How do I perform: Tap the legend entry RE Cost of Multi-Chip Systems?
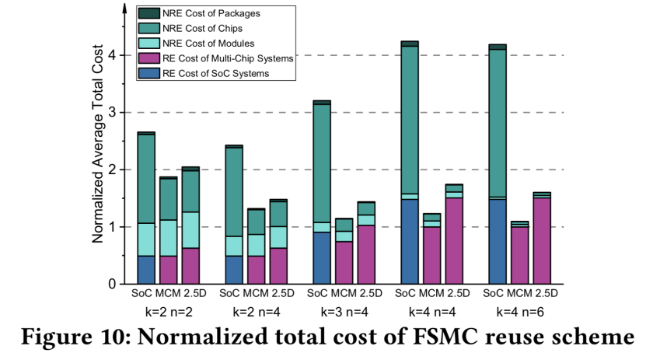click(x=225, y=58)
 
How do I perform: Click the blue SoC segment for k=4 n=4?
click(x=410, y=242)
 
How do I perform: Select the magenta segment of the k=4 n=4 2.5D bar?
click(x=454, y=241)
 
